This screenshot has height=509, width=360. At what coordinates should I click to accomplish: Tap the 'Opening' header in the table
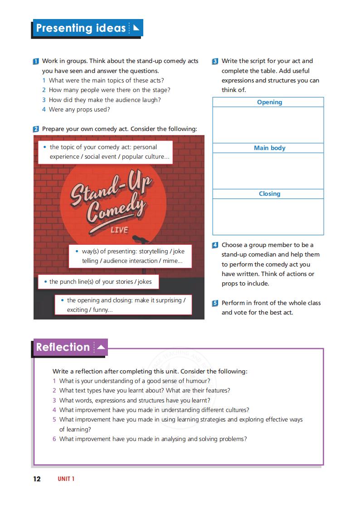click(x=269, y=102)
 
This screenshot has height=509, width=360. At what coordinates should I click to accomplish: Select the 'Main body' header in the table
click(x=269, y=148)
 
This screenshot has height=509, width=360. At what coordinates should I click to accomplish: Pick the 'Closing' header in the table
click(x=269, y=194)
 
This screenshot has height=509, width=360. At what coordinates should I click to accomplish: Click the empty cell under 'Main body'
click(x=268, y=171)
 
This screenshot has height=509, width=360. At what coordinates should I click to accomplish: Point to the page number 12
click(x=37, y=479)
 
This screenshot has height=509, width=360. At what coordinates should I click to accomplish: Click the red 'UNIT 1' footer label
click(x=66, y=479)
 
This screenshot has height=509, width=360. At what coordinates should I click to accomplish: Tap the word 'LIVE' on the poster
click(x=119, y=230)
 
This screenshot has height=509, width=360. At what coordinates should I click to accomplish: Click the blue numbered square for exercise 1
click(x=36, y=61)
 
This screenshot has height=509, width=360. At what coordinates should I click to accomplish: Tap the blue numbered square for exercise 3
click(x=215, y=61)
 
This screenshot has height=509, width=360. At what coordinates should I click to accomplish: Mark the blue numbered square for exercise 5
click(x=215, y=303)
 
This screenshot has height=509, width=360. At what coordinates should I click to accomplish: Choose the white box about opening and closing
click(x=123, y=305)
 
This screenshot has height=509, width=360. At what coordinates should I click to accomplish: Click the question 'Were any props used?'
click(x=79, y=110)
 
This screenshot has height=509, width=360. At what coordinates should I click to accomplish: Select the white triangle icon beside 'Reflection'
click(x=101, y=348)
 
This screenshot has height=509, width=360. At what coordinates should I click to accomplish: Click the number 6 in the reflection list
click(x=54, y=439)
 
